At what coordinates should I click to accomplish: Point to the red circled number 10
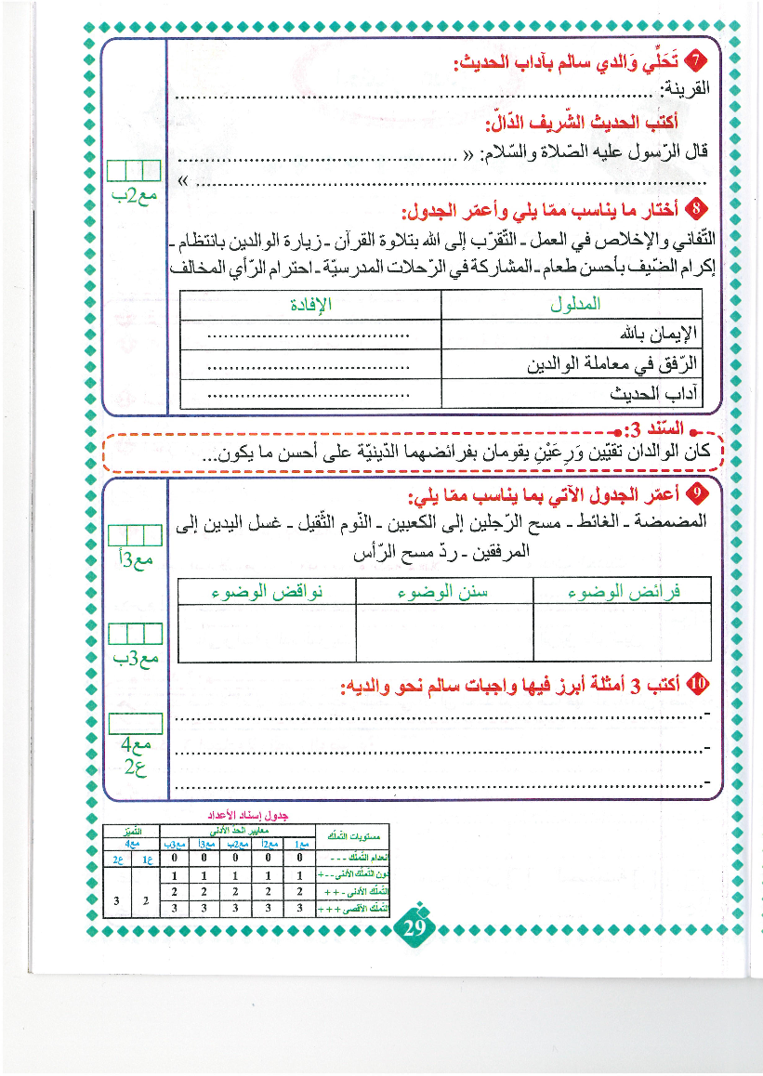click(699, 686)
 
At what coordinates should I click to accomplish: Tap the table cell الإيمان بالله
click(658, 334)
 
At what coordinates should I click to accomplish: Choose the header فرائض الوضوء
click(624, 591)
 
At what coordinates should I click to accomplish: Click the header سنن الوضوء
click(444, 591)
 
